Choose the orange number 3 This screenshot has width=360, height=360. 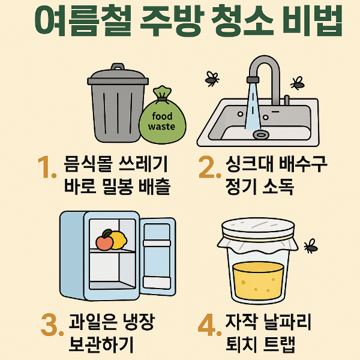51,325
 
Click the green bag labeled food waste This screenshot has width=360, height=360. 161,120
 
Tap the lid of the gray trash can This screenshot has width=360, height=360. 118,76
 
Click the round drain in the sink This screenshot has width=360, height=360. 261,134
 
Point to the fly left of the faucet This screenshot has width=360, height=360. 211,77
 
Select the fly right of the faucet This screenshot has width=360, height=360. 296,82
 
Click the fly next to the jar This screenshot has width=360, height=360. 310,245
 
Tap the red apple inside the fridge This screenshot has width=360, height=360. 104,242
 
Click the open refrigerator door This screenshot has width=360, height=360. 157,254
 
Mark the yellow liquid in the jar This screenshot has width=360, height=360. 258,281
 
